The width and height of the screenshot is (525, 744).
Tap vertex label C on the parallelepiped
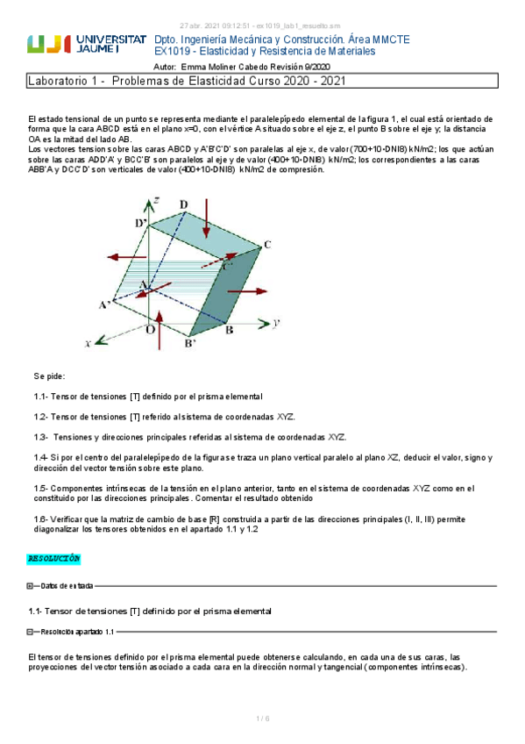[x=266, y=244]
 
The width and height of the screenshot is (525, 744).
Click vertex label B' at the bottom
[x=189, y=343]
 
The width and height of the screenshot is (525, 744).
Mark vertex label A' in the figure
[x=104, y=304]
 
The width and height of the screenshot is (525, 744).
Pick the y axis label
[x=276, y=323]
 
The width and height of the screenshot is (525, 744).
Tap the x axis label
[x=89, y=344]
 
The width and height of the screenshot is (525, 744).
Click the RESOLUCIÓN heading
[x=54, y=558]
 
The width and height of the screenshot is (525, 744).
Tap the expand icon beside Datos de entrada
[x=30, y=585]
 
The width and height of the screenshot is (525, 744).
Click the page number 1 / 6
[x=262, y=719]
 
